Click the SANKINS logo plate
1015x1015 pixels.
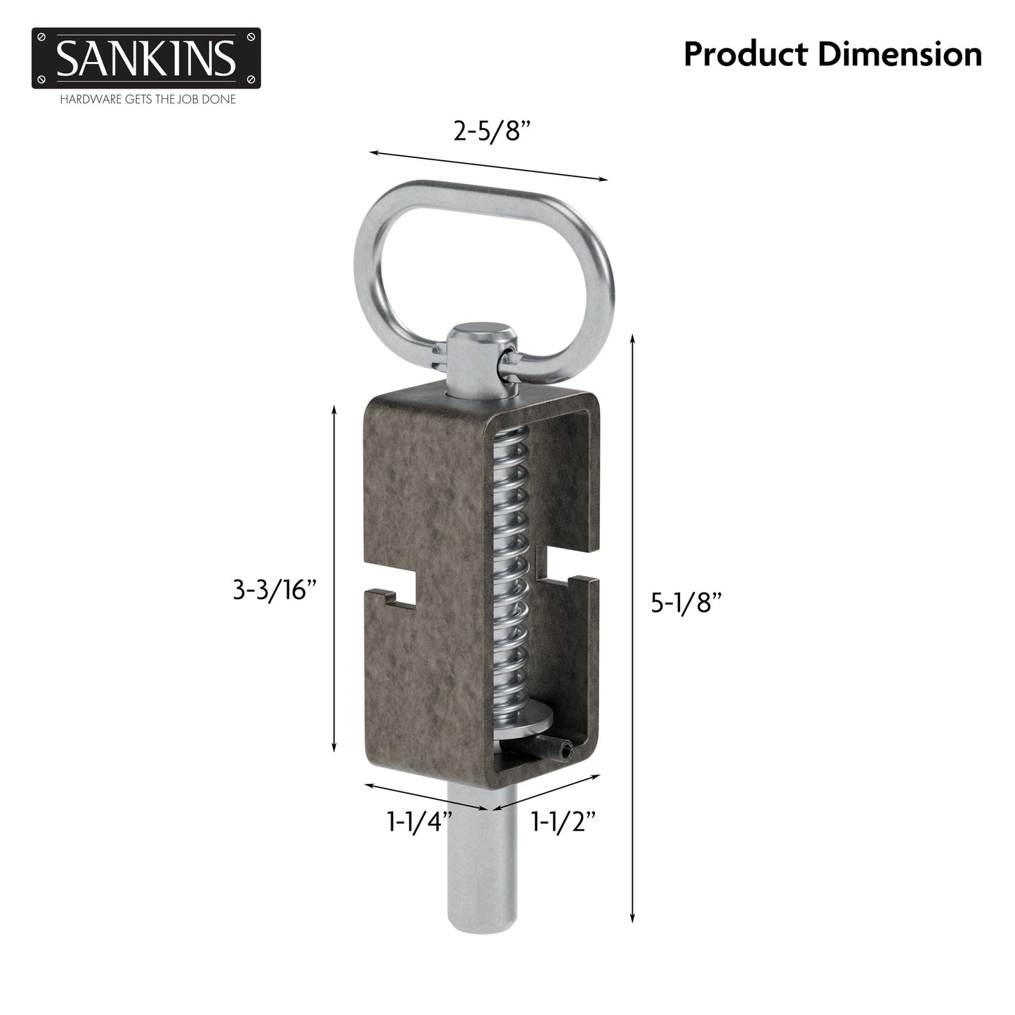click(x=145, y=58)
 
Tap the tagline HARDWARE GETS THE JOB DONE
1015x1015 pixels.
click(x=148, y=100)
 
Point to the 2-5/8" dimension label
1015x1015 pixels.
click(x=490, y=130)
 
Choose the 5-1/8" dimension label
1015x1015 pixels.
click(x=686, y=603)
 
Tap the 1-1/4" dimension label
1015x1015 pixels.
click(x=419, y=820)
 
